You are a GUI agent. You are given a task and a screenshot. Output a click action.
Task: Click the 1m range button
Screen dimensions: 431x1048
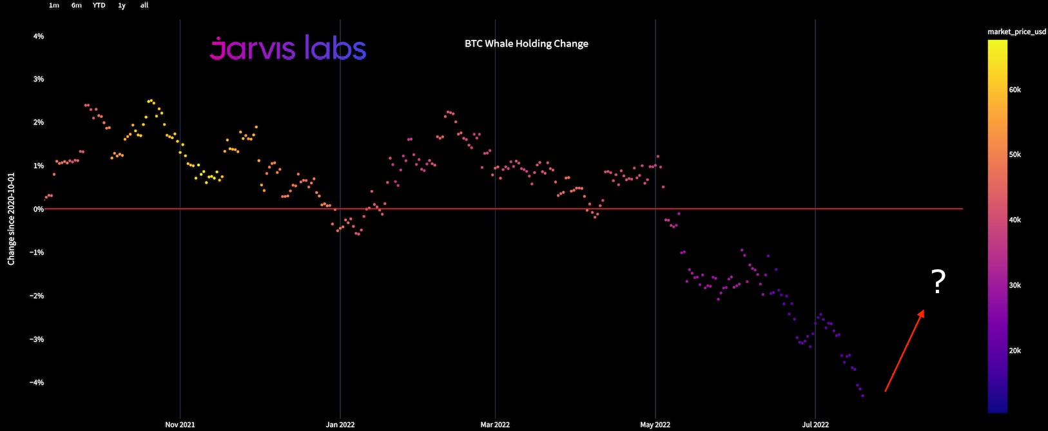point(54,5)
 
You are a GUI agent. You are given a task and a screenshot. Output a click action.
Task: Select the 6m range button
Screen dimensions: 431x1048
point(77,5)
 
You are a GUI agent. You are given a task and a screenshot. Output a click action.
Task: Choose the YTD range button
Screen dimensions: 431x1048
point(99,5)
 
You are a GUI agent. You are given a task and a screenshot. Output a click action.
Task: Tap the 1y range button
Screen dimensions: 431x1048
point(122,5)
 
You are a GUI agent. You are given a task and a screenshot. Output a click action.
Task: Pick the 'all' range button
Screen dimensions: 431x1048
point(144,5)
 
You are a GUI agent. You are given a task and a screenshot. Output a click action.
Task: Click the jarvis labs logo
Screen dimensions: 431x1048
point(288,48)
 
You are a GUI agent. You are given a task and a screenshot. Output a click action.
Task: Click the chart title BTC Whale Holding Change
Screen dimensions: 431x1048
point(526,44)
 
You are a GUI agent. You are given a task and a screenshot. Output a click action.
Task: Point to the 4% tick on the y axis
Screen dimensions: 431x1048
point(39,37)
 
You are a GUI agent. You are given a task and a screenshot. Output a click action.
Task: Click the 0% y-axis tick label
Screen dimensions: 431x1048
point(39,209)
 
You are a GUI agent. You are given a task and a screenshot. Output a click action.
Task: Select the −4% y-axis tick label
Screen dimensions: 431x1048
point(37,383)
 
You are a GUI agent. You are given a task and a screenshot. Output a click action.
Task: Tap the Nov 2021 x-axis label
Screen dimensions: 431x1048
point(180,425)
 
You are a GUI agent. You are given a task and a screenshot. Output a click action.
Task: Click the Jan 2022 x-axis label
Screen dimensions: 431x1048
point(340,425)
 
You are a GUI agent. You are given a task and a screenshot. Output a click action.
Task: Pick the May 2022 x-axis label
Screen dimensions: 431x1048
point(655,425)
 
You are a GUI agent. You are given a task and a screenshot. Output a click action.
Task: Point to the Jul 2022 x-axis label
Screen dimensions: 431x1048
point(815,425)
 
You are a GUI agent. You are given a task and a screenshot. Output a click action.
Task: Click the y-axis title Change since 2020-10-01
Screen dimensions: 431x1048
point(11,218)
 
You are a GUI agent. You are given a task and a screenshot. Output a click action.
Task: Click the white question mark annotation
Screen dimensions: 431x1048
point(938,282)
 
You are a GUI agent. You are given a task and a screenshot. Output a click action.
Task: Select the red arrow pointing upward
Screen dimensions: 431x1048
point(904,350)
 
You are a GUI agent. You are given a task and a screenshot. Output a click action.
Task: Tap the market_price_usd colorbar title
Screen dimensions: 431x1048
point(1016,32)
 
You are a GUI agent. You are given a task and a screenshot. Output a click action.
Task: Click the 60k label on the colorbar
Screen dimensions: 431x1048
point(1014,90)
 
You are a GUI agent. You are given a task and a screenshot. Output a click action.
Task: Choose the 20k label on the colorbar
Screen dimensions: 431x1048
point(1014,351)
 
